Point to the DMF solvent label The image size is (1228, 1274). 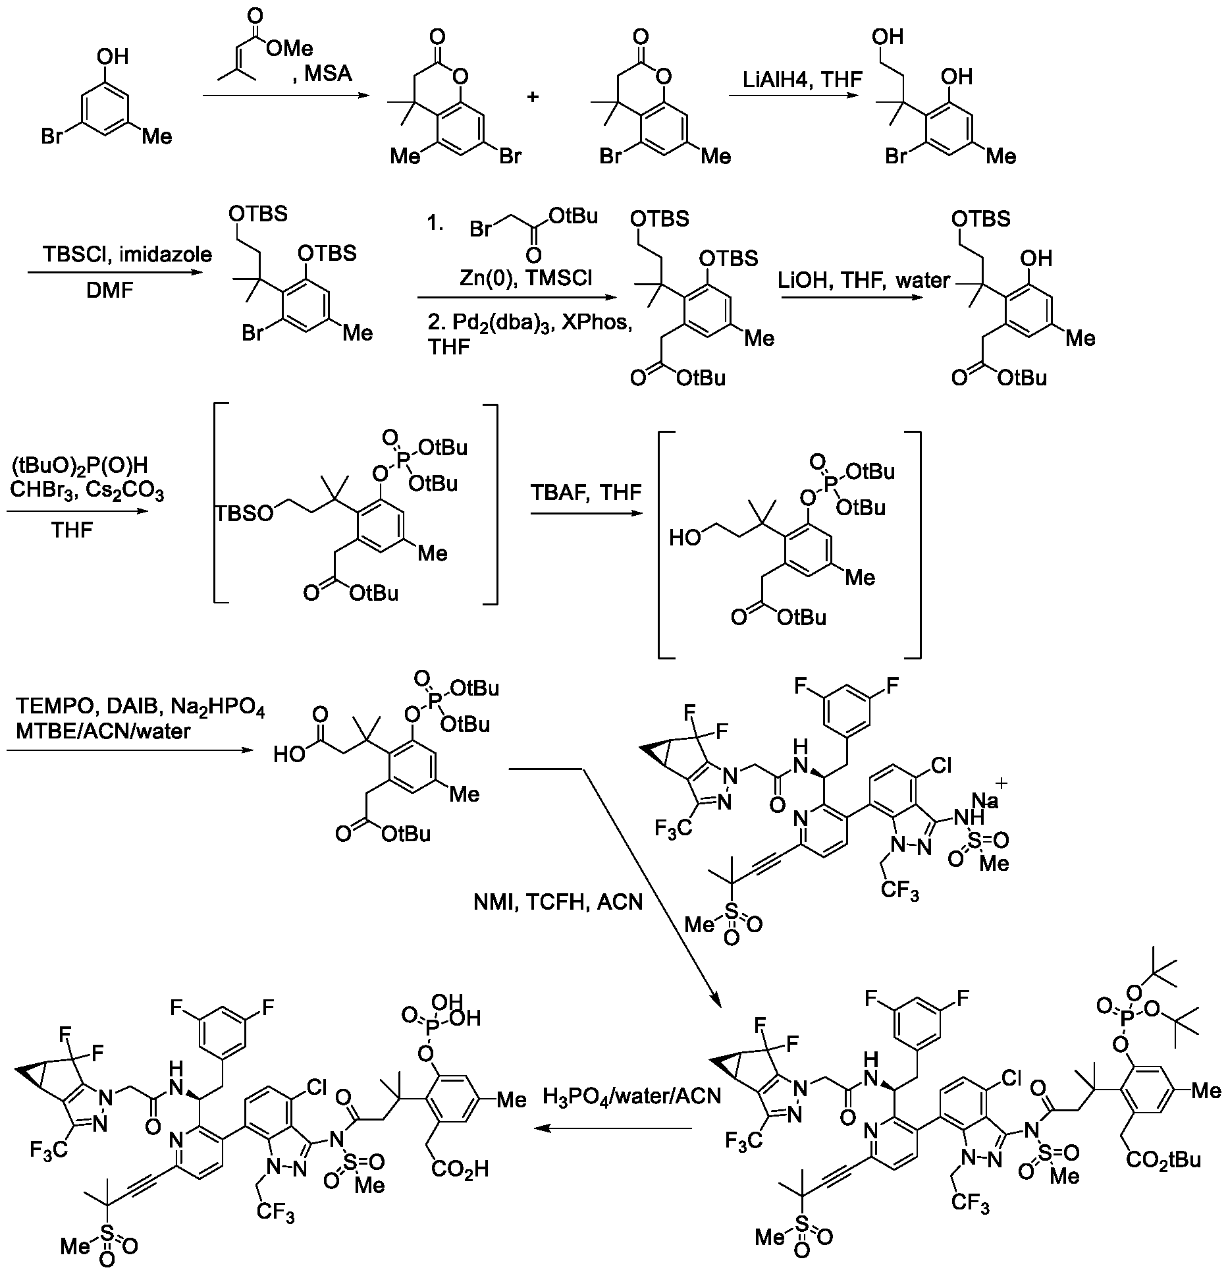[x=110, y=290]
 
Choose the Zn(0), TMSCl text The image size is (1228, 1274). [x=525, y=279]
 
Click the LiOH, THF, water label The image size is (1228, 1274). [x=863, y=281]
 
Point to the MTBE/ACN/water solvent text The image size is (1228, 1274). [x=103, y=731]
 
